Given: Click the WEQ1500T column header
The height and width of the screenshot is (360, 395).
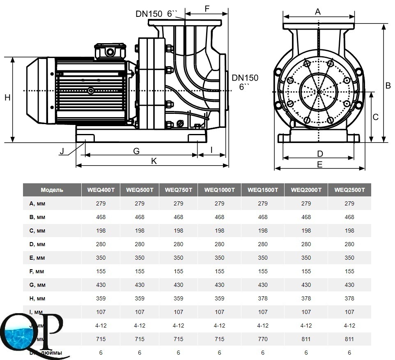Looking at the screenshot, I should [263, 190].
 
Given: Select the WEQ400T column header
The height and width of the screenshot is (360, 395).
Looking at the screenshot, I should [101, 190].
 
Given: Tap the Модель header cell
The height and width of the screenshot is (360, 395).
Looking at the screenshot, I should [52, 190].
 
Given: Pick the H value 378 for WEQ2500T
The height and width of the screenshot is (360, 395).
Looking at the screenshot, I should [349, 298].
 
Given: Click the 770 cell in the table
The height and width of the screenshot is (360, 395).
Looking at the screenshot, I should [263, 339].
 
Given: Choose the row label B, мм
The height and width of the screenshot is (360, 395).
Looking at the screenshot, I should [38, 217].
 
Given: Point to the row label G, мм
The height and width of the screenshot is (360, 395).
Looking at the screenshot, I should [38, 285].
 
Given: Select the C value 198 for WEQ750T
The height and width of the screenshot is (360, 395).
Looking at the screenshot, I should [178, 231].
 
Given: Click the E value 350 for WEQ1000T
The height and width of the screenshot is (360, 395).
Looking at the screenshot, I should [219, 258].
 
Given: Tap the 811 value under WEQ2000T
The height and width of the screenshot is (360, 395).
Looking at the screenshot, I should [306, 339].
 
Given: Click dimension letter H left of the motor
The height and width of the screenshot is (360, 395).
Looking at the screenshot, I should [7, 97].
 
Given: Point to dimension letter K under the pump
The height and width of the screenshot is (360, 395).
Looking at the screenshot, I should [154, 161].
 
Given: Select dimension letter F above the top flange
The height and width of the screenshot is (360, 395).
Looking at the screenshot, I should [207, 9].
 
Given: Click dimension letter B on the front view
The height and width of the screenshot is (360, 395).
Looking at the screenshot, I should [388, 86].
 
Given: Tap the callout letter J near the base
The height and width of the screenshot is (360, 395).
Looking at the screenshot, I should [62, 151].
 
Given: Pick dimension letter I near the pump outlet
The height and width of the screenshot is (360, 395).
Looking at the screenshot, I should [212, 150].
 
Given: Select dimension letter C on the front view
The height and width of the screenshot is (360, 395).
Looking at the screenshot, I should [375, 117].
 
